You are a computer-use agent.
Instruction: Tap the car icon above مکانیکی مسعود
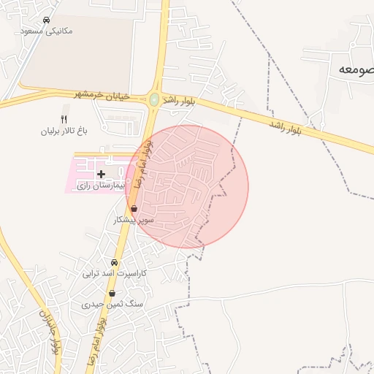tap(47, 20)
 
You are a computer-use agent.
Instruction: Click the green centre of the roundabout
tap(154, 99)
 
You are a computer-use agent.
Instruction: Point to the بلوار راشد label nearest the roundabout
tap(180, 100)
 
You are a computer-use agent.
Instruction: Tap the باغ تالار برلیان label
tap(64, 131)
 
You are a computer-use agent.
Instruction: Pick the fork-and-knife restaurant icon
tap(64, 119)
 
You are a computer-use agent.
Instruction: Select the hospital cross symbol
tap(101, 174)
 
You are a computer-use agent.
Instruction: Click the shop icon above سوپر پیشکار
tap(134, 208)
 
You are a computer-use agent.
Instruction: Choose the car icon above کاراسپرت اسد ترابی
tap(114, 262)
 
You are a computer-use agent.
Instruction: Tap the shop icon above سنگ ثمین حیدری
tap(112, 293)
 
